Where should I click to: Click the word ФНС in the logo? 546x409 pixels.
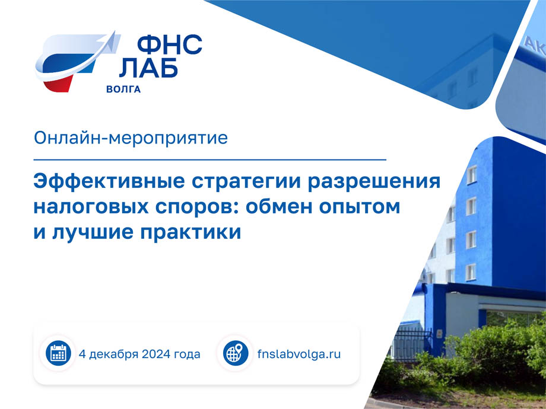[x=170, y=45]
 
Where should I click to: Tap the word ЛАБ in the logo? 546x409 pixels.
[x=149, y=67]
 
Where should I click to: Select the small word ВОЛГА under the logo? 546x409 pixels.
[x=123, y=90]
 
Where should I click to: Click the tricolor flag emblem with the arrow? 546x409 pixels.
[x=78, y=62]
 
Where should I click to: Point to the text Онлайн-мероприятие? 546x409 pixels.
[x=131, y=138]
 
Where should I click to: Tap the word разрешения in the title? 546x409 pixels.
[x=374, y=182]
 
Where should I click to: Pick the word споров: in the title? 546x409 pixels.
[x=197, y=207]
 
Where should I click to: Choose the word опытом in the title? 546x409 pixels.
[x=360, y=207]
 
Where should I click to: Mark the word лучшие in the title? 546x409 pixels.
[x=93, y=232]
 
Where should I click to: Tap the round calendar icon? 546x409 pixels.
[x=58, y=353]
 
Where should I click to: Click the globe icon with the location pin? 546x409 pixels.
[x=236, y=353]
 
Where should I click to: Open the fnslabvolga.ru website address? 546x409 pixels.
[x=299, y=354]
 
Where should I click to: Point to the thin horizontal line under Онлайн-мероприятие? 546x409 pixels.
[x=210, y=159]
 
